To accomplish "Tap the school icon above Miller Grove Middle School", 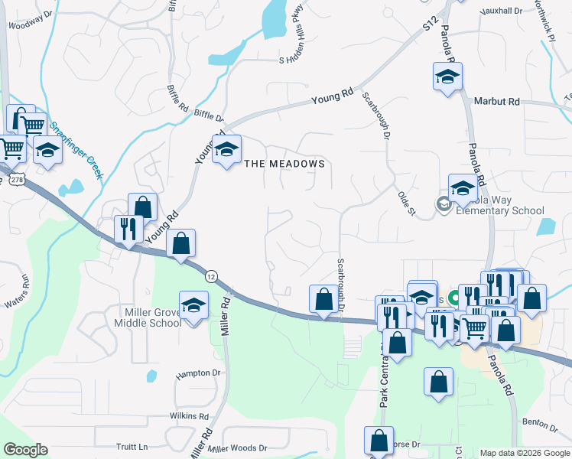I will point(194,305).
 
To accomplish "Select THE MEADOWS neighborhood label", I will point(284,164).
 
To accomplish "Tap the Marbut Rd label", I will point(496,101).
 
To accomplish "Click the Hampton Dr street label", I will point(197,374).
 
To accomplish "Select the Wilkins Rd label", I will point(189,415).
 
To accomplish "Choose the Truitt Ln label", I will point(132,447).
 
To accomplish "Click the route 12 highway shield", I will point(212,275).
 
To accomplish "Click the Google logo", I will point(25,450).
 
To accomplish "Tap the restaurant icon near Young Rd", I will point(128,228).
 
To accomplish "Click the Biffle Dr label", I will point(209,116).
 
